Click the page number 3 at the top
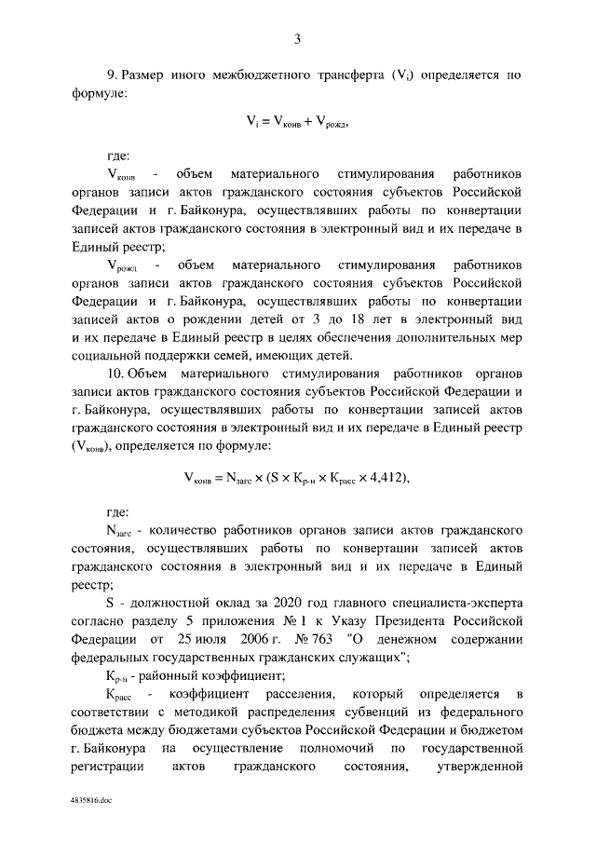(297, 38)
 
